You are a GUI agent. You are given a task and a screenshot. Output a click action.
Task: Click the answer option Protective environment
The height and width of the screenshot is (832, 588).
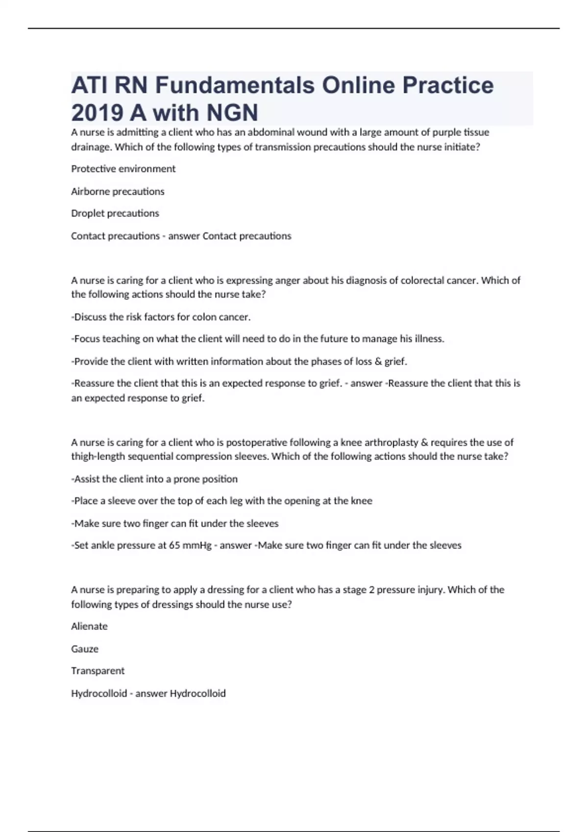click(x=123, y=169)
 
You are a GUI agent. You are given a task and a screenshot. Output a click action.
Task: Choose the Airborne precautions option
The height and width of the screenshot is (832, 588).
click(x=118, y=191)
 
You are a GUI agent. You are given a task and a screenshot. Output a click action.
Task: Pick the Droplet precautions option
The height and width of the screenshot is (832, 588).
click(x=115, y=213)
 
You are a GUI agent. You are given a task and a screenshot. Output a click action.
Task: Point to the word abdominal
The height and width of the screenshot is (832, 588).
click(x=271, y=132)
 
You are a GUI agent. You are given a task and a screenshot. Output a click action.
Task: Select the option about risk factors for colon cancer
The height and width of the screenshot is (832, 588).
click(x=161, y=317)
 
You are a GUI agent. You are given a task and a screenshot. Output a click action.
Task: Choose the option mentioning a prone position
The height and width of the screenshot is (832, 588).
click(x=155, y=479)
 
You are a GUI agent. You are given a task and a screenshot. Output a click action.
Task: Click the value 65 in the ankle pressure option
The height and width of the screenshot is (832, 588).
click(x=174, y=545)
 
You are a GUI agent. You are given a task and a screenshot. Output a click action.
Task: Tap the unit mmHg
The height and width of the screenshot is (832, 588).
click(x=197, y=545)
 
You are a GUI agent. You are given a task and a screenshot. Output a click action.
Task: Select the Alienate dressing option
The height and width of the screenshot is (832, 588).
click(x=89, y=626)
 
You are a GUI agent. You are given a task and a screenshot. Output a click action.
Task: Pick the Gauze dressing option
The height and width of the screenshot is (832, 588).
click(x=85, y=649)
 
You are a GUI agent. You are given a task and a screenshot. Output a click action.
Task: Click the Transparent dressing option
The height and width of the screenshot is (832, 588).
click(x=98, y=671)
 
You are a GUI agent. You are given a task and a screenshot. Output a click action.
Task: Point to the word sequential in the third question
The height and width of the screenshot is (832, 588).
click(x=150, y=457)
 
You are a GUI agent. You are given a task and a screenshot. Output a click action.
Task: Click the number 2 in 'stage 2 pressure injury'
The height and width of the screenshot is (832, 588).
click(x=372, y=590)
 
